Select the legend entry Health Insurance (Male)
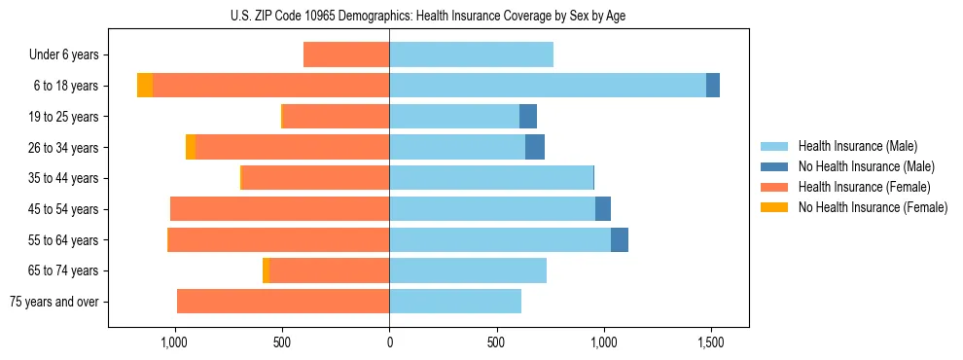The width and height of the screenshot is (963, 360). [x=857, y=146]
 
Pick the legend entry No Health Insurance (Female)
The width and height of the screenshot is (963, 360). [x=873, y=207]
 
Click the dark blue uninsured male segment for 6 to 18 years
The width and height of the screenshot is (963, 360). [x=713, y=86]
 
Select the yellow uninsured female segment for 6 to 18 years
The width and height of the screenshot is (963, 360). [x=145, y=86]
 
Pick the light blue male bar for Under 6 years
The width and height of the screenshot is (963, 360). [x=471, y=54]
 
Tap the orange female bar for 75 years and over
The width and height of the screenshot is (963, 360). [x=283, y=302]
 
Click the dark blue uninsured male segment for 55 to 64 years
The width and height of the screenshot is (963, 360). [x=620, y=239]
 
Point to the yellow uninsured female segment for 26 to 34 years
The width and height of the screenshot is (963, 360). [x=191, y=147]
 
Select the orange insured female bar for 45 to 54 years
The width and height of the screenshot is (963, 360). [x=280, y=209]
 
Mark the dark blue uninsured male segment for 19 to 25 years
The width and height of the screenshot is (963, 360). [x=528, y=117]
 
